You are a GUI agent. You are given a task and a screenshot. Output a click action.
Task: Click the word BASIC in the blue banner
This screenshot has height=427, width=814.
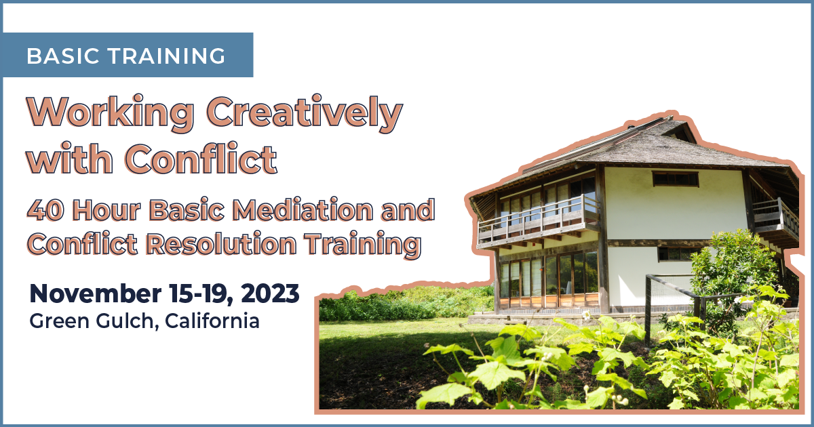click(63, 56)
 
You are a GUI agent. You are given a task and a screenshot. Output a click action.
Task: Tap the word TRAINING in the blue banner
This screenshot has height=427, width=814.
click(167, 56)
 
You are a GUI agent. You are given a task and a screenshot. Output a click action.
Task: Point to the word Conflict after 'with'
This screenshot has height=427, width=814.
click(201, 159)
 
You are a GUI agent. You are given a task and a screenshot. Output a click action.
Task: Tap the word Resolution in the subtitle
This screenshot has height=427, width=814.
click(221, 243)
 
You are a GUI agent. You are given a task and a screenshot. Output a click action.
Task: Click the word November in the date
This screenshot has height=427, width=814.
click(96, 293)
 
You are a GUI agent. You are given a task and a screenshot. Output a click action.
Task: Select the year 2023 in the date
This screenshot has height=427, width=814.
click(270, 293)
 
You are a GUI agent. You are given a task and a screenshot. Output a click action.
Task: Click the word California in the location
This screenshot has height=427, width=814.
click(212, 321)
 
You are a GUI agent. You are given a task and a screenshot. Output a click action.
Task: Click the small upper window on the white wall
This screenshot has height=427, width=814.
click(675, 179)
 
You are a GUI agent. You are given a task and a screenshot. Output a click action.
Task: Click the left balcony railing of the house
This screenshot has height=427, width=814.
click(538, 222)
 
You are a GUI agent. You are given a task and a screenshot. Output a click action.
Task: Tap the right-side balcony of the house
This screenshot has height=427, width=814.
click(776, 219)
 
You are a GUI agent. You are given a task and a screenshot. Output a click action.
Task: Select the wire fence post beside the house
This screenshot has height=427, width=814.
click(648, 310)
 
